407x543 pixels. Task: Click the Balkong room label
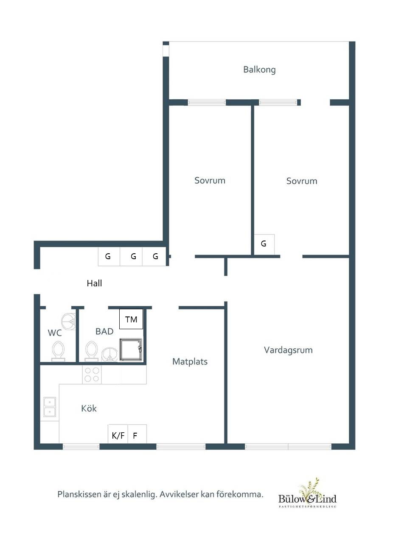[x=259, y=70]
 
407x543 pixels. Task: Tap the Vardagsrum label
[x=288, y=350]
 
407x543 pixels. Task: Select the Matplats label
[x=190, y=362]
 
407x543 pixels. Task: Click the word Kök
[x=89, y=408]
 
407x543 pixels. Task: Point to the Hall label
[x=94, y=283]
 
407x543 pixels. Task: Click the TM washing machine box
[x=131, y=319]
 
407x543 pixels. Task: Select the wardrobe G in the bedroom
[x=264, y=244]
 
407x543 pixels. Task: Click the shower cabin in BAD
[x=131, y=350]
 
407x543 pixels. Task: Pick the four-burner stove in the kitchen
[x=92, y=375]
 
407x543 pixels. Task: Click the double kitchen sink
[x=50, y=407]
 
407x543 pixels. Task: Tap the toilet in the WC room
[x=59, y=351]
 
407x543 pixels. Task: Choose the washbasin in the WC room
[x=68, y=322]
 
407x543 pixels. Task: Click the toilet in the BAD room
[x=91, y=351]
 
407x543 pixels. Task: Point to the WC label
[x=55, y=333]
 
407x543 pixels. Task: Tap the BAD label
[x=104, y=331]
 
